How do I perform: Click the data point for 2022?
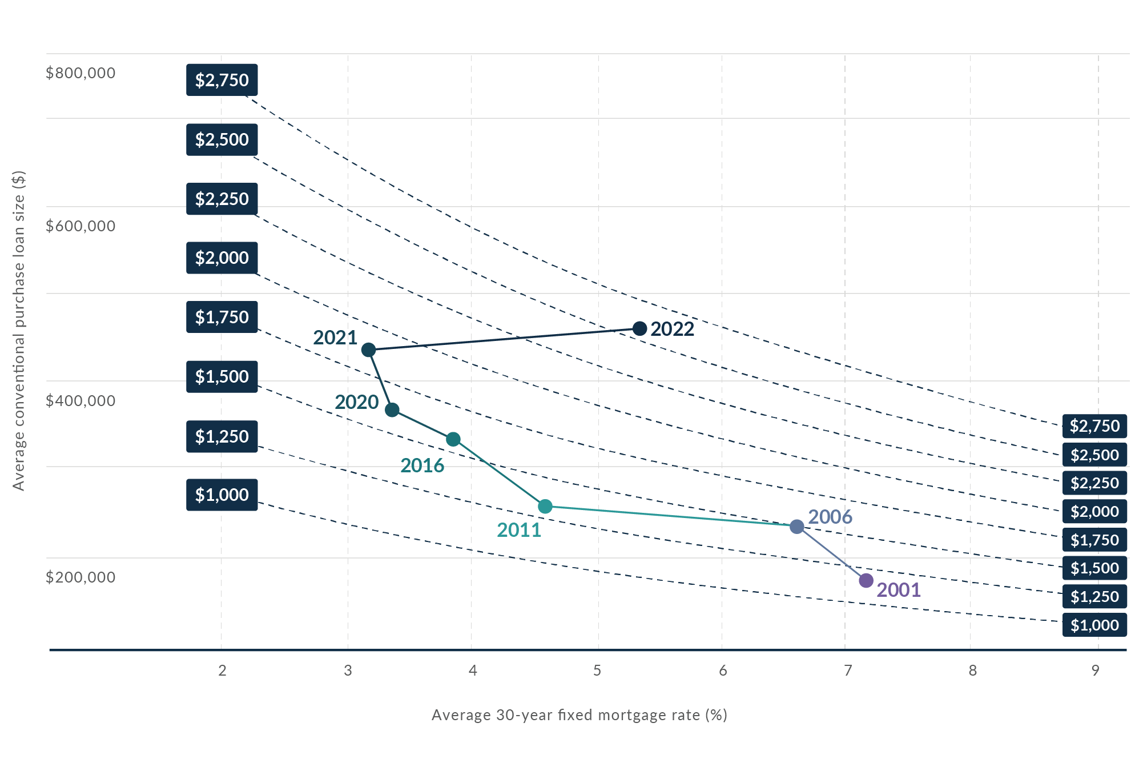click(x=640, y=328)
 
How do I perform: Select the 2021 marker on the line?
click(x=369, y=350)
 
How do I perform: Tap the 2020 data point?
click(x=392, y=410)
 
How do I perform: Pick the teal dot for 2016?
click(x=453, y=439)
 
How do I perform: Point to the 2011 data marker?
click(x=545, y=506)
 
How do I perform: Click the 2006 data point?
click(x=797, y=527)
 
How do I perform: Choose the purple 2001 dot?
click(x=866, y=581)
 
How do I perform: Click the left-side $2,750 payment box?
click(x=222, y=80)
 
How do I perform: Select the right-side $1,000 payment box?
click(x=1094, y=625)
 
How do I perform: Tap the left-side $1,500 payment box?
click(x=222, y=377)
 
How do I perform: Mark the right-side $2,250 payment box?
click(x=1094, y=483)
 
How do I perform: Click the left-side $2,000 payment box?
click(x=222, y=258)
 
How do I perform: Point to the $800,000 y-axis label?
click(x=81, y=73)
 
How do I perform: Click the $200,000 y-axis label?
click(x=81, y=577)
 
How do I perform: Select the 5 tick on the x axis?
click(x=597, y=670)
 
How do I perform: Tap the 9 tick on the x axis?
click(x=1095, y=670)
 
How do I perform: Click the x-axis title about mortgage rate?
click(x=579, y=715)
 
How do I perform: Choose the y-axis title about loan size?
click(x=19, y=330)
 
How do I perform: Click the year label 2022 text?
click(x=673, y=330)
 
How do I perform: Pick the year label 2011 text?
click(x=519, y=531)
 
